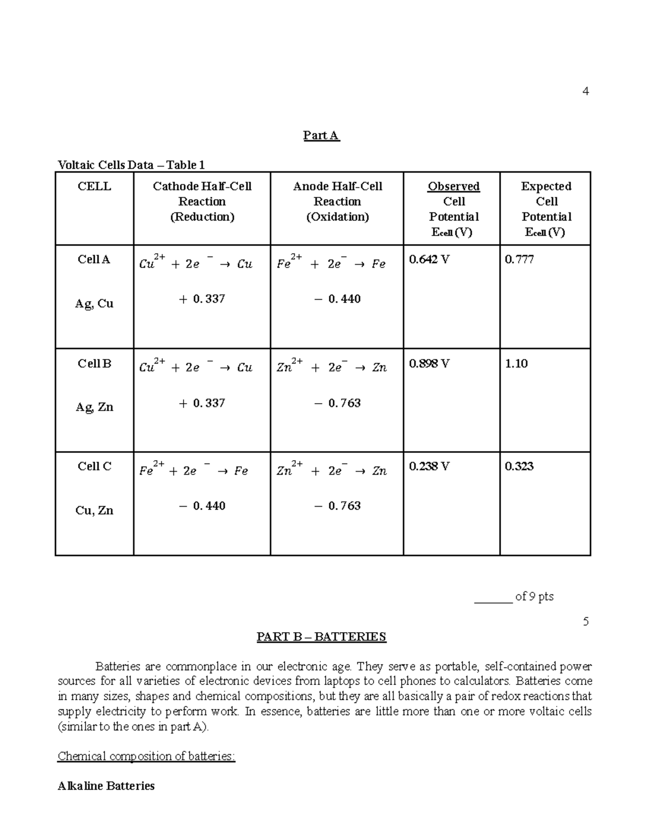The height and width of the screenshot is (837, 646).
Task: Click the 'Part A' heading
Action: tap(321, 135)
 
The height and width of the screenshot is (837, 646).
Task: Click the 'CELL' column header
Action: tap(94, 186)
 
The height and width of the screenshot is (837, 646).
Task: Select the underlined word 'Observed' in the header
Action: tap(453, 186)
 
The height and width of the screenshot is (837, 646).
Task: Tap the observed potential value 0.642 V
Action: tap(429, 259)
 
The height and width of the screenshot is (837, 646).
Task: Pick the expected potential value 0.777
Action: tap(519, 259)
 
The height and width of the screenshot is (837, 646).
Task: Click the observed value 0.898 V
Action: tap(429, 363)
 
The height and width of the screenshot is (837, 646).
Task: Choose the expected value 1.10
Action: tap(516, 363)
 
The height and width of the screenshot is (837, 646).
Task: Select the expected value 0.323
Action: tap(519, 466)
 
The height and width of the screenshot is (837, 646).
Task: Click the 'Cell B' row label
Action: tap(94, 363)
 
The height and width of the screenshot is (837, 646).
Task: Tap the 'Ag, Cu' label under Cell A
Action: tap(94, 303)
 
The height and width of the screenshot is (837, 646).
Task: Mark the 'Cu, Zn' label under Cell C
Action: tap(94, 510)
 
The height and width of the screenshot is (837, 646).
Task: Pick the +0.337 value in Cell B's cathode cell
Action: tap(202, 403)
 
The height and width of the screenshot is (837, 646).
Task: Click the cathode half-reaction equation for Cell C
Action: tap(194, 470)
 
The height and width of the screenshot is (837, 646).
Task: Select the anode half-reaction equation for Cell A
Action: tap(331, 263)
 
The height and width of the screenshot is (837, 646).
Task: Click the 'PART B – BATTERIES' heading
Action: tap(321, 637)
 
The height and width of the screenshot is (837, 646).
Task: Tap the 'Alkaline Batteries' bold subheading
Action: tap(106, 786)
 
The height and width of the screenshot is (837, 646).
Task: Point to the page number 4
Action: tap(586, 91)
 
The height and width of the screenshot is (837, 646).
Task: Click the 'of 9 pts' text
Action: tap(534, 596)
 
